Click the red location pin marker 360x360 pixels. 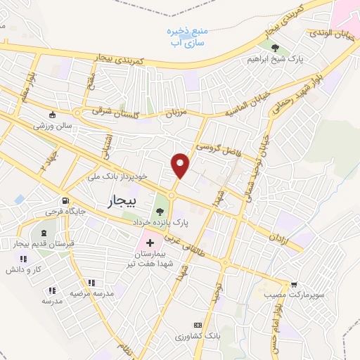click(181, 165)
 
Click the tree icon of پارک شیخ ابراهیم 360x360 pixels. click(274, 49)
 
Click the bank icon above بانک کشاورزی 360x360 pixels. click(198, 325)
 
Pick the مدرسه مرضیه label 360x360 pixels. click(88, 292)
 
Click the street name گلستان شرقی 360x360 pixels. click(117, 111)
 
